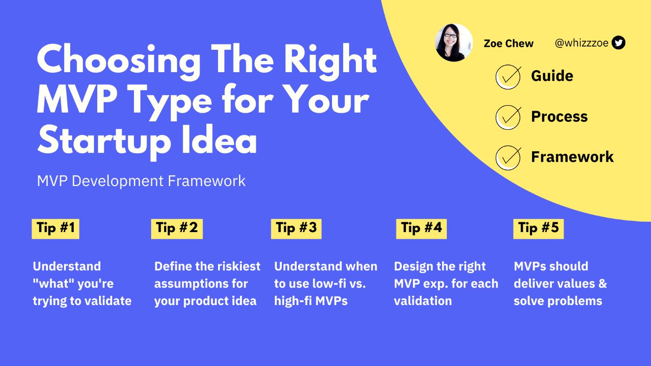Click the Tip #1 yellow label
pyautogui.click(x=55, y=228)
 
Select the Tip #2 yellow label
pyautogui.click(x=177, y=228)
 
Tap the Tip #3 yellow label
pyautogui.click(x=296, y=228)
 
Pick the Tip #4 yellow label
pyautogui.click(x=421, y=228)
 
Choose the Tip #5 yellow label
pyautogui.click(x=538, y=228)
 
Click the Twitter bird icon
pyautogui.click(x=618, y=43)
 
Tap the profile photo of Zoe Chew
pyautogui.click(x=454, y=42)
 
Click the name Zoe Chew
pyautogui.click(x=508, y=44)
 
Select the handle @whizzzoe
pyautogui.click(x=581, y=43)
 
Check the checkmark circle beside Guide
pyautogui.click(x=508, y=77)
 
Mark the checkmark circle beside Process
pyautogui.click(x=508, y=117)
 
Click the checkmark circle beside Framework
pyautogui.click(x=508, y=158)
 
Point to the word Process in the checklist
pyautogui.click(x=559, y=116)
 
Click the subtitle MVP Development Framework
pyautogui.click(x=141, y=181)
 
